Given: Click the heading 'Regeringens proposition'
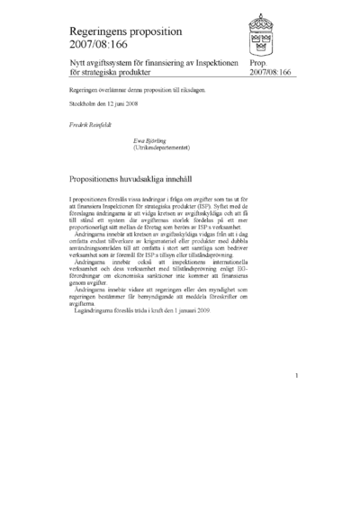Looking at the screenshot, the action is pyautogui.click(x=125, y=31).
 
